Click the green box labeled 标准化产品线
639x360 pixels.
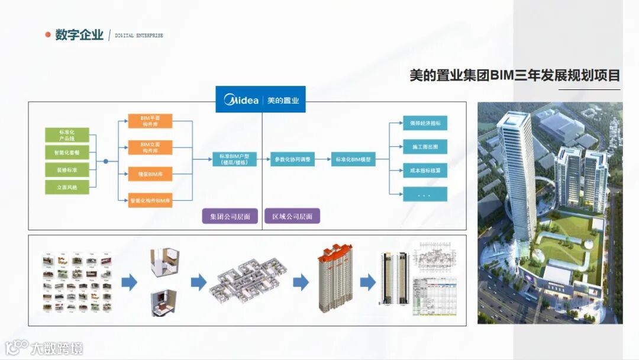(67, 134)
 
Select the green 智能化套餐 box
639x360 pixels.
(67, 153)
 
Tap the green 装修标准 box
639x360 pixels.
(67, 171)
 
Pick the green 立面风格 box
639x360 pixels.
(67, 188)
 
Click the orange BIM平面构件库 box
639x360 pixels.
(150, 121)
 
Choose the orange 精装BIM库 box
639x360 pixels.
(150, 175)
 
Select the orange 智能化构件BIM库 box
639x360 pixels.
(150, 201)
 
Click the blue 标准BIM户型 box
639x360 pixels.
(234, 159)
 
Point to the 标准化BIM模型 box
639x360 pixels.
(353, 159)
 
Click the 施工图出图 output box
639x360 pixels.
(425, 146)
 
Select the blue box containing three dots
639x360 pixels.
(425, 194)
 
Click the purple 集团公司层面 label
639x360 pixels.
(230, 216)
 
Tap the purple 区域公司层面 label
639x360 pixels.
(292, 216)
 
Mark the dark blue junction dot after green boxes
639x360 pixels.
(105, 161)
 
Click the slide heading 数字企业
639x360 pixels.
(79, 35)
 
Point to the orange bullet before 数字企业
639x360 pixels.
(48, 35)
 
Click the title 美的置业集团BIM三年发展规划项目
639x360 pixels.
(515, 76)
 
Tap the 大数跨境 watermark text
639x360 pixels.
(57, 348)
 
